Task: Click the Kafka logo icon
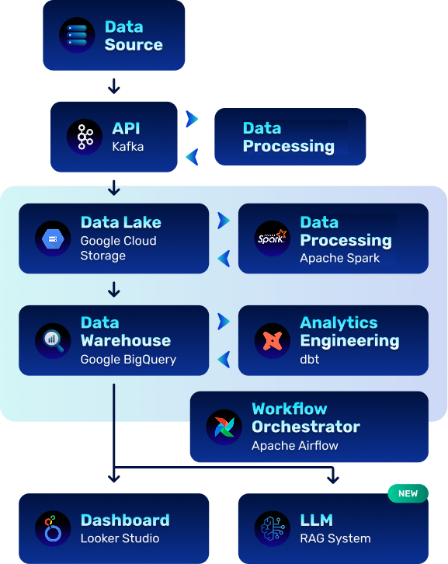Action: point(85,137)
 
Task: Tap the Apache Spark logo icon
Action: point(273,238)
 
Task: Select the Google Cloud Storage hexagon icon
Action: point(53,238)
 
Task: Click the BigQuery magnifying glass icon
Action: point(54,340)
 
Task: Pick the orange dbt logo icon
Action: point(273,340)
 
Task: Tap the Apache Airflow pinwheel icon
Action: point(224,427)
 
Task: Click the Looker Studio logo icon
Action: point(53,528)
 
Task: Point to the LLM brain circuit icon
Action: point(273,528)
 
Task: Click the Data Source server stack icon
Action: point(77,35)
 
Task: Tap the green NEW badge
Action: point(408,493)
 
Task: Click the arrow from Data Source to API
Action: point(114,86)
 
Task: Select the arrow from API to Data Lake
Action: point(114,188)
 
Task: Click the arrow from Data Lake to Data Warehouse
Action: point(114,290)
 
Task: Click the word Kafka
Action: point(127,147)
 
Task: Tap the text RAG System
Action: point(335,538)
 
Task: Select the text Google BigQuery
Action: point(128,360)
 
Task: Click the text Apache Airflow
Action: point(295,446)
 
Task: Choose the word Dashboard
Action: point(125,520)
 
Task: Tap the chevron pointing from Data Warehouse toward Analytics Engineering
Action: point(224,322)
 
